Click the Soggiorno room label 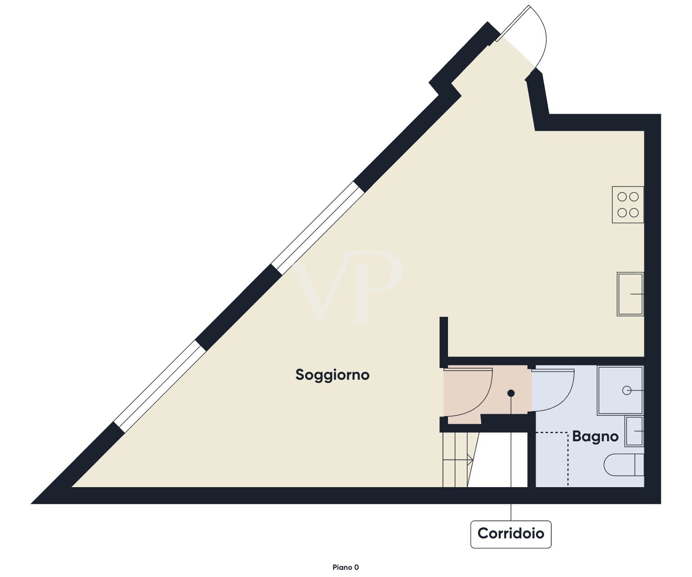pos(332,375)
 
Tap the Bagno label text pos(595,436)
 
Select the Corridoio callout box pos(511,534)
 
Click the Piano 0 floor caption pos(346,568)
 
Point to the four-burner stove pos(628,204)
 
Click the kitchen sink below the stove pos(630,294)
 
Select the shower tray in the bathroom pos(620,391)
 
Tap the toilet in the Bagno pos(624,465)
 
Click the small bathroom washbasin pos(634,431)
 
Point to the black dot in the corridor pos(511,393)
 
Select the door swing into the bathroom pos(553,390)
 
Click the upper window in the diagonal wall pos(318,228)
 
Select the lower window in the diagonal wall pos(160,386)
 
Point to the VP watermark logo pos(348,287)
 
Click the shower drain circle pos(627,391)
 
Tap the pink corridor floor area pos(487,395)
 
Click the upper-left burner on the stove pos(622,197)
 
